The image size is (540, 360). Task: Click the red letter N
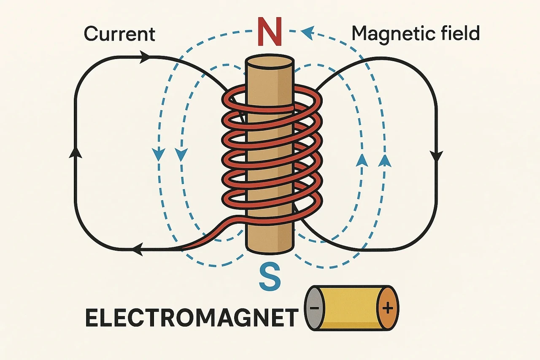270,31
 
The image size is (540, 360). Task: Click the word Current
119,34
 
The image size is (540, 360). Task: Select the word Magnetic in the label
389,34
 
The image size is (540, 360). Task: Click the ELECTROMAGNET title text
192,318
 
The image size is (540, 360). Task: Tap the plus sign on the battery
388,308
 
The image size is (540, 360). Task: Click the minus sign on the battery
314,308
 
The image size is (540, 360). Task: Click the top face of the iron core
270,62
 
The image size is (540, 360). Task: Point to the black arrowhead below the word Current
145,57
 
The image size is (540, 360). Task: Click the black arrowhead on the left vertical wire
76,152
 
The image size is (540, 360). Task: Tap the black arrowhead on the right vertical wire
436,156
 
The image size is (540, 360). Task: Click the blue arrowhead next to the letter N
308,33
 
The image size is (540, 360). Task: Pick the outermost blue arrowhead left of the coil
158,154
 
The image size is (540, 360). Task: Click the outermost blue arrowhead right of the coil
384,161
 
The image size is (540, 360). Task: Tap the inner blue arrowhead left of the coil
181,154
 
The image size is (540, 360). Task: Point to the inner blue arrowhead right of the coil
362,161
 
